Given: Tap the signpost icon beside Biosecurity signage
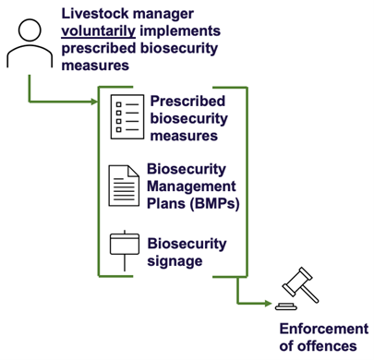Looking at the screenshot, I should pos(124,247).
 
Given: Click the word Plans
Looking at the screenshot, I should pos(167,203).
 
